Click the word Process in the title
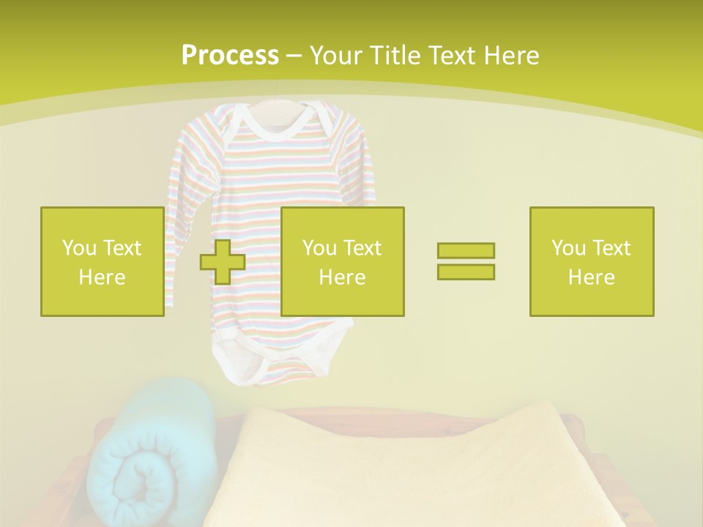pyautogui.click(x=230, y=56)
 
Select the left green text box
pyautogui.click(x=103, y=261)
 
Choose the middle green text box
pyautogui.click(x=342, y=261)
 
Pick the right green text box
pyautogui.click(x=591, y=261)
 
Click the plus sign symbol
pyautogui.click(x=223, y=261)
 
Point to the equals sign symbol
pyautogui.click(x=466, y=261)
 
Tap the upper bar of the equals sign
pyautogui.click(x=466, y=250)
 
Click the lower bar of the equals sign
pyautogui.click(x=466, y=272)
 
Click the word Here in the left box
pyautogui.click(x=102, y=277)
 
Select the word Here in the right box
pyautogui.click(x=591, y=277)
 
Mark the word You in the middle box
pyautogui.click(x=319, y=248)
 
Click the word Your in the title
pyautogui.click(x=335, y=56)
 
